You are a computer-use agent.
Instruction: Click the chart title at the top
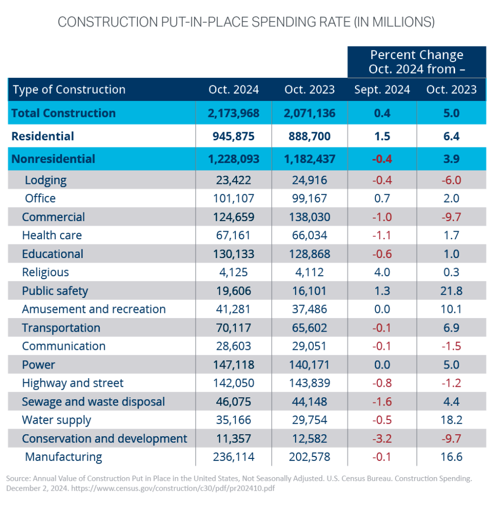tap(246, 22)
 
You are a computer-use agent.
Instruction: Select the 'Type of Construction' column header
tap(69, 90)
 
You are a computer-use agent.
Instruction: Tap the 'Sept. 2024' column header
tap(382, 90)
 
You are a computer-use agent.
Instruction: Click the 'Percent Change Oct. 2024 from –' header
tap(416, 62)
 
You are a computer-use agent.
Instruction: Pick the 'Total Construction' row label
tap(64, 113)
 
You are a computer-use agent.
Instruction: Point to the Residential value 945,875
tap(233, 136)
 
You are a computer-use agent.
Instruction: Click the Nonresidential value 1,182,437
tap(310, 159)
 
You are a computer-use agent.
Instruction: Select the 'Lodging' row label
tap(45, 180)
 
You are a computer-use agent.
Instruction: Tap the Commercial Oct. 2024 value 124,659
tap(233, 217)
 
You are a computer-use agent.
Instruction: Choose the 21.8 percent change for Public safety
tap(451, 291)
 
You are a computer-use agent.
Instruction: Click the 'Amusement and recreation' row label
tap(93, 309)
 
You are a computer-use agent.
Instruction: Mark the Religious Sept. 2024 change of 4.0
tap(382, 273)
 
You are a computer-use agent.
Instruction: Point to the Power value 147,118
tap(233, 365)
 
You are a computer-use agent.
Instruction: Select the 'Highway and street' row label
tap(72, 383)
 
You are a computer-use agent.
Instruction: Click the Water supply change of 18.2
tap(451, 420)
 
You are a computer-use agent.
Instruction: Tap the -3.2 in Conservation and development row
tap(382, 438)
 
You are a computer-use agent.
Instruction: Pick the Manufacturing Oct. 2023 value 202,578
tap(310, 457)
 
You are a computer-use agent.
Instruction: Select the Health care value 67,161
tap(233, 235)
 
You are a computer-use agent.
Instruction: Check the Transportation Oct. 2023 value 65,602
tap(310, 328)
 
